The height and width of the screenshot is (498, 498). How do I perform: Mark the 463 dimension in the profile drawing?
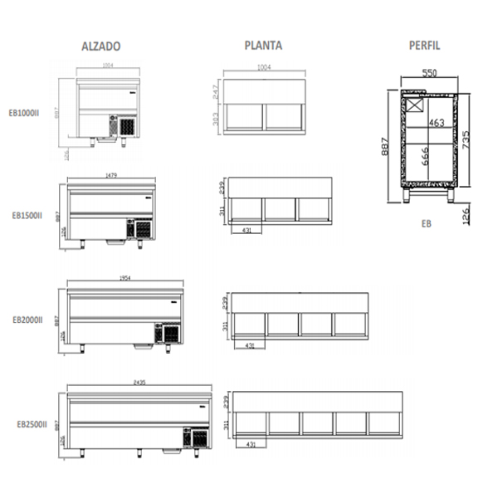(x=437, y=123)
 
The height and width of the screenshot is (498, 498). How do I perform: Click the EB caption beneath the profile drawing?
(x=426, y=223)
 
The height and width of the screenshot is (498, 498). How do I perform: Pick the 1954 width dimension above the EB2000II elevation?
(x=124, y=279)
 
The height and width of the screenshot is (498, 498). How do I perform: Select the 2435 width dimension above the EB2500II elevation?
(x=139, y=383)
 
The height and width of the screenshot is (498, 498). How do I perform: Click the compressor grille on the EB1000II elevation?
(x=126, y=127)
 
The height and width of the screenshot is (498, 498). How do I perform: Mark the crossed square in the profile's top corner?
(x=414, y=105)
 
